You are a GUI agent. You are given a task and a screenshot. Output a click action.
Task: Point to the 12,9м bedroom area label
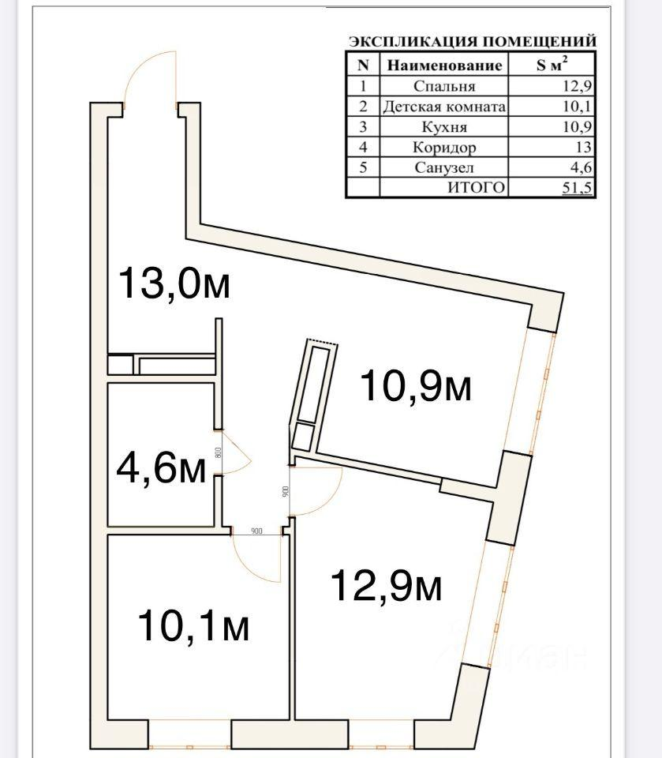click(x=386, y=586)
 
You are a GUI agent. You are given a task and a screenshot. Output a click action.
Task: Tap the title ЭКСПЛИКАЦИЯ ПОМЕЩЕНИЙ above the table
click(x=472, y=42)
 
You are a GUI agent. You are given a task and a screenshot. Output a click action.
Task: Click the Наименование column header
click(x=443, y=66)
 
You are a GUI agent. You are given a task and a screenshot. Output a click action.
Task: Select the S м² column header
click(x=553, y=66)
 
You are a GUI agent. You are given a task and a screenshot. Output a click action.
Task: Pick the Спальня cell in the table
click(x=443, y=86)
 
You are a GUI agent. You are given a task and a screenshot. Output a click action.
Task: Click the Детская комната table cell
click(x=443, y=107)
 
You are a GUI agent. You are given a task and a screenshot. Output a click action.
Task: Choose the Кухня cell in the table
click(x=443, y=126)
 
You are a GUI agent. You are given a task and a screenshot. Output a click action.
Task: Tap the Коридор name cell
click(x=443, y=147)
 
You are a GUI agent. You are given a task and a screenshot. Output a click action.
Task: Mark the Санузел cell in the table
click(x=443, y=167)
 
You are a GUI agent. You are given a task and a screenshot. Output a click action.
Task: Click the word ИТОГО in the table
click(x=476, y=188)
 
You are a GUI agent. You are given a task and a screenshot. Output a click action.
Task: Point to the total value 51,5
click(x=577, y=188)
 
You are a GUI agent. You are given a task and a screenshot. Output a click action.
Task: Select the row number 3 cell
click(x=363, y=126)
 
